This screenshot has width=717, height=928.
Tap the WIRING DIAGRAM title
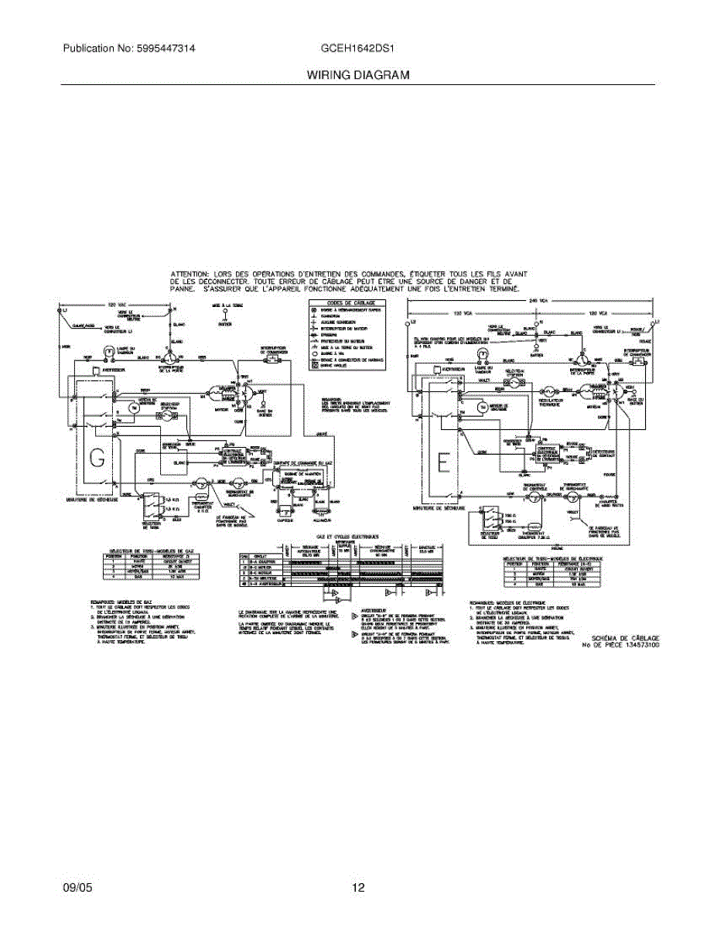[x=357, y=75]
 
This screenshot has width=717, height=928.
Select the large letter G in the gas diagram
[x=97, y=458]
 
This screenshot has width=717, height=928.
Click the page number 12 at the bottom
[x=358, y=888]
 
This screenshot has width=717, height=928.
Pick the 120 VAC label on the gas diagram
[x=116, y=305]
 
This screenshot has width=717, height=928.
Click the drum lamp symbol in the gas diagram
[x=109, y=350]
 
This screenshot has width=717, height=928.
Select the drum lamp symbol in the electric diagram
[x=483, y=354]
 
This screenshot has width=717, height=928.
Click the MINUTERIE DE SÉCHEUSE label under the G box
[x=92, y=500]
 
